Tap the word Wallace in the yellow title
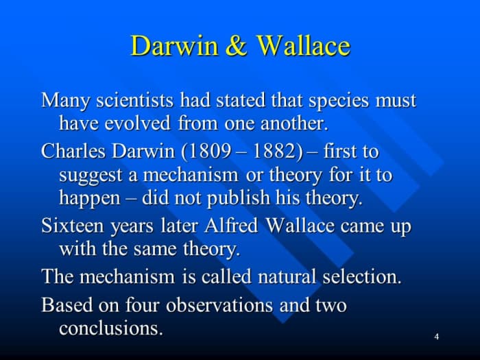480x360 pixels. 303,47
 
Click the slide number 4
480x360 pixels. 436,336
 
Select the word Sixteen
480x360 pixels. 71,226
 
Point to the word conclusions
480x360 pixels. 111,328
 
